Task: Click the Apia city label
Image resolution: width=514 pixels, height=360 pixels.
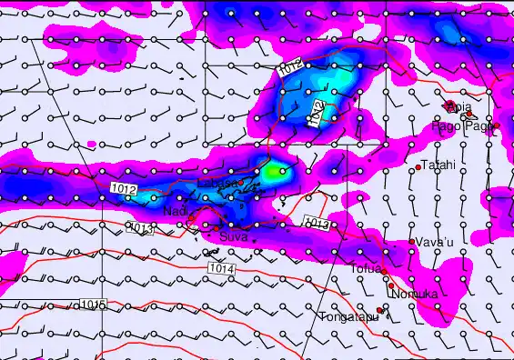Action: click(459, 106)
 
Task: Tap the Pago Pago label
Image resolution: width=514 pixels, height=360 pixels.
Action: click(463, 126)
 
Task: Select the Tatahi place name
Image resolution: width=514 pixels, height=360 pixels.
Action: click(438, 165)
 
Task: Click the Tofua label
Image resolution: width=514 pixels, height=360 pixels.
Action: click(365, 268)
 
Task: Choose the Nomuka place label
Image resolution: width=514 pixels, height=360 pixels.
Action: click(414, 295)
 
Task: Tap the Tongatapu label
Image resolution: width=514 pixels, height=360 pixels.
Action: click(347, 317)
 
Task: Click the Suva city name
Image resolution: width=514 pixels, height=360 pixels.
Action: click(234, 236)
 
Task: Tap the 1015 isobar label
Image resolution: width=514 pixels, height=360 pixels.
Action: click(92, 304)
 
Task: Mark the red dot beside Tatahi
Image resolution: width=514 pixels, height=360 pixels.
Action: click(418, 167)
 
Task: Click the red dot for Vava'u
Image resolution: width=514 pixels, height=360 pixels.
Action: click(411, 242)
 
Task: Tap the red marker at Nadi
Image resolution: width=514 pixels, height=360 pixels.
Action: click(192, 218)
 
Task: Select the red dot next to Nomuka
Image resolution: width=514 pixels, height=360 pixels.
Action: click(391, 285)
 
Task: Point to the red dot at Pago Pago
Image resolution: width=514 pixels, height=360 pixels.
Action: click(496, 125)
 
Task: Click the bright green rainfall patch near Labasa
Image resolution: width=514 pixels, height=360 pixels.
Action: click(273, 170)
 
